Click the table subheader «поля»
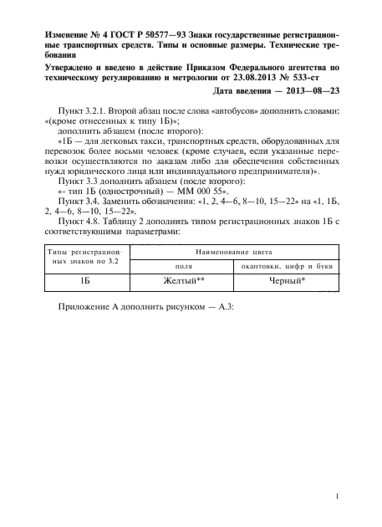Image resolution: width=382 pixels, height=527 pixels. [183, 266]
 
